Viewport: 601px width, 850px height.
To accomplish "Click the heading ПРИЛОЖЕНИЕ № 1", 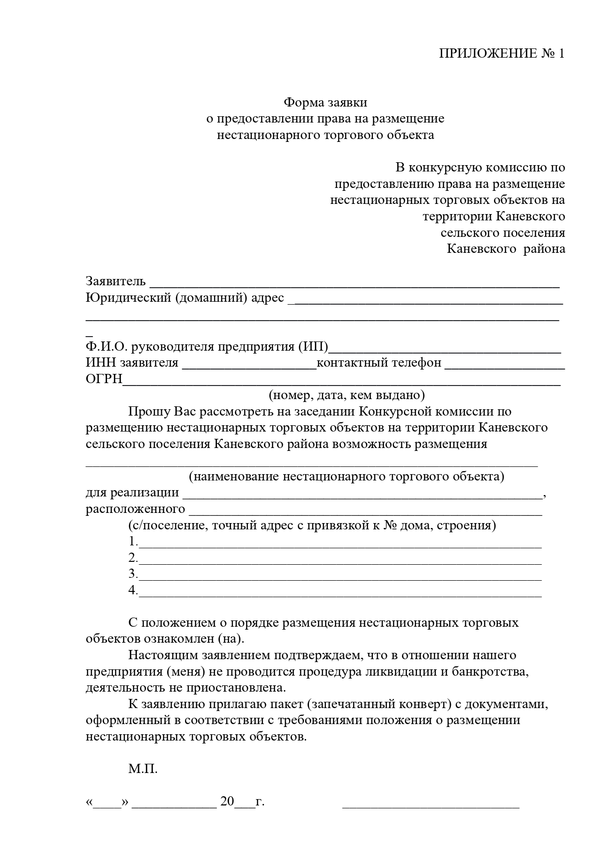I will [501, 53].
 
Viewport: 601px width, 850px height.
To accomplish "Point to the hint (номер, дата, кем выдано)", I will [347, 395].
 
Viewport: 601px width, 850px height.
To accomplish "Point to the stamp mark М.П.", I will [143, 769].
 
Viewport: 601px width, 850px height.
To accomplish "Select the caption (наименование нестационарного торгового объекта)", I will [346, 476].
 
